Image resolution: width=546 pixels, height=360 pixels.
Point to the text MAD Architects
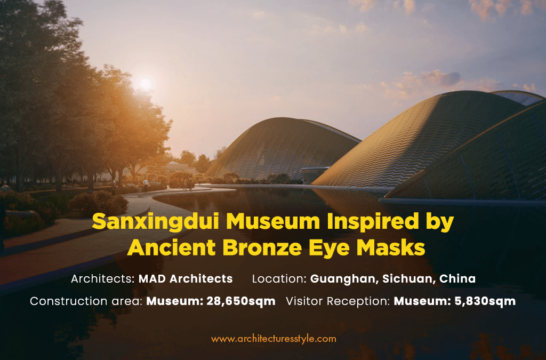(x=186, y=279)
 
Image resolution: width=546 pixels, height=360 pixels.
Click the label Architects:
(x=103, y=279)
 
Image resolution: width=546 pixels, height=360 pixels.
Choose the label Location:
(x=279, y=279)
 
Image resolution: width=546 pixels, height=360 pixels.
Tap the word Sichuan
(x=409, y=279)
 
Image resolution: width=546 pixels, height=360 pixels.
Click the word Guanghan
(x=344, y=279)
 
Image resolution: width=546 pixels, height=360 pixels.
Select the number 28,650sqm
(x=241, y=301)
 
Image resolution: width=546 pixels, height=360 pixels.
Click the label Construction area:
(x=86, y=301)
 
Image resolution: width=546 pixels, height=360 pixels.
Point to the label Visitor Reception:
(x=338, y=301)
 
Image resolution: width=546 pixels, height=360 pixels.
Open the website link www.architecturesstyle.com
(x=274, y=339)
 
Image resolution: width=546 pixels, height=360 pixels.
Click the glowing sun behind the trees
(x=146, y=84)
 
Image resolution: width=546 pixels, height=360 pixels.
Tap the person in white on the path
(x=146, y=185)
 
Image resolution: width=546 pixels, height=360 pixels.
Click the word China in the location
(x=457, y=279)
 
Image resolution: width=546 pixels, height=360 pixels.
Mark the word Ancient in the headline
(x=172, y=247)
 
